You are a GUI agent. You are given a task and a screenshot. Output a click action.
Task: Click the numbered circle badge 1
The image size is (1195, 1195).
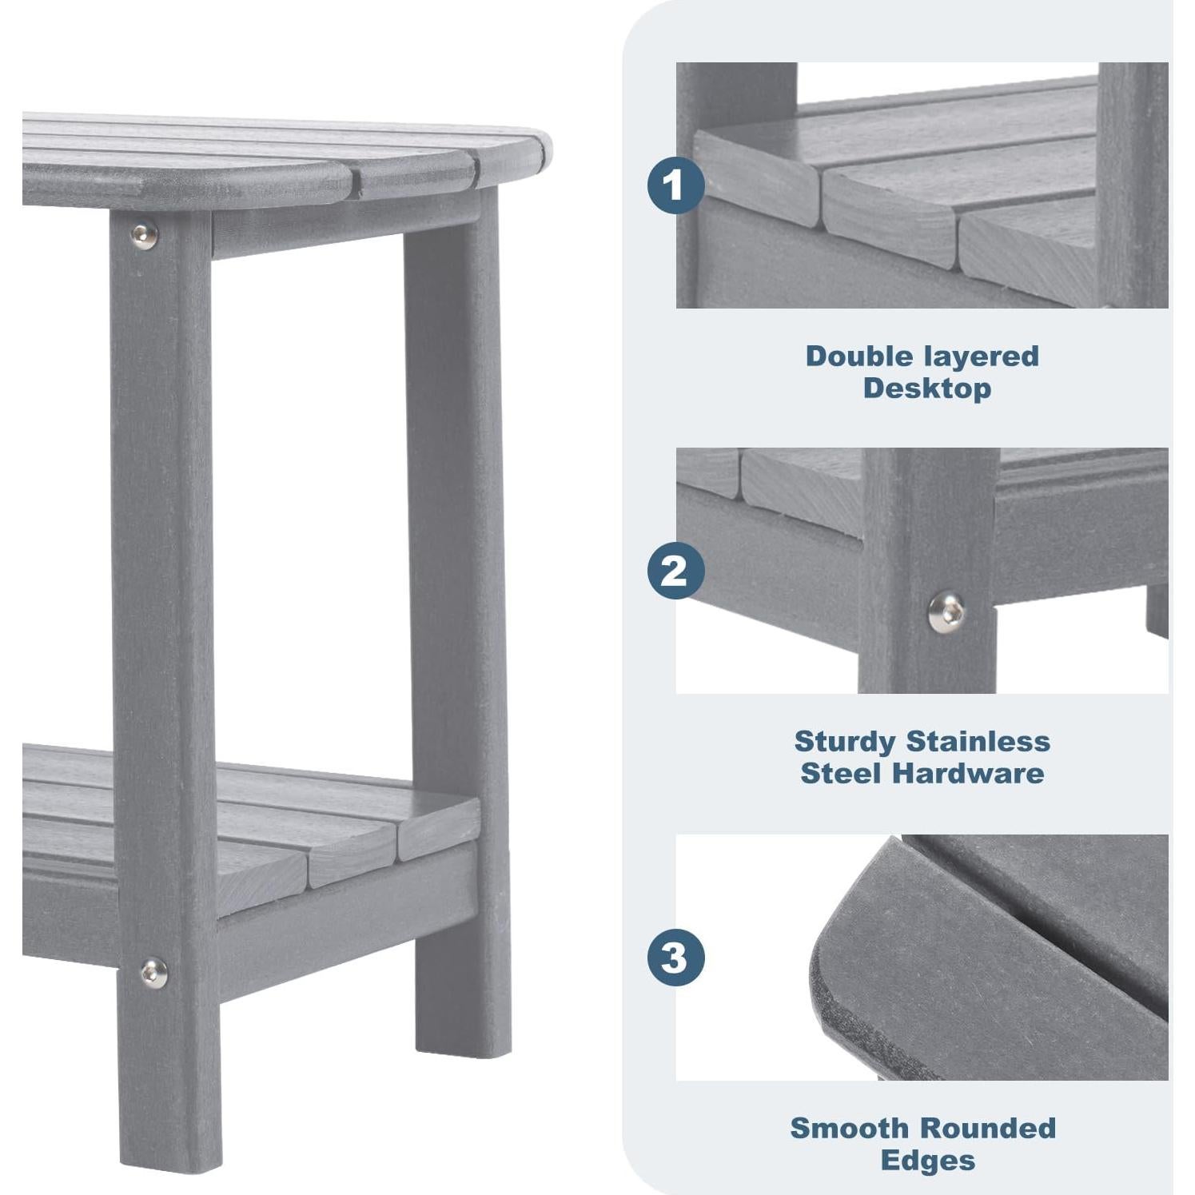[x=675, y=185]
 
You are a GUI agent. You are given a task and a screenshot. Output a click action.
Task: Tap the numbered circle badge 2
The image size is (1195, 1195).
[x=675, y=571]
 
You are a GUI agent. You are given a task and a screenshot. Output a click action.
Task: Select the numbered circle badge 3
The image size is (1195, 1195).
[x=675, y=957]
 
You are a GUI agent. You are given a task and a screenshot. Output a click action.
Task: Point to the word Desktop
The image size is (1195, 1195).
[x=926, y=388]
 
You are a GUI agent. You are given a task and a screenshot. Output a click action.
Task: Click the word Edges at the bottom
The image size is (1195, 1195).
[x=927, y=1160]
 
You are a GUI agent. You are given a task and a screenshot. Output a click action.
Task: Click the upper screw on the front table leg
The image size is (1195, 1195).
[x=144, y=235]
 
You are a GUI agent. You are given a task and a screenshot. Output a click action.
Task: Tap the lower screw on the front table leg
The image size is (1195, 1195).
[x=153, y=973]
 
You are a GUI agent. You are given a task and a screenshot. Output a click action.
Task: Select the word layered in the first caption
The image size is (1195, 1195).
[x=980, y=356]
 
